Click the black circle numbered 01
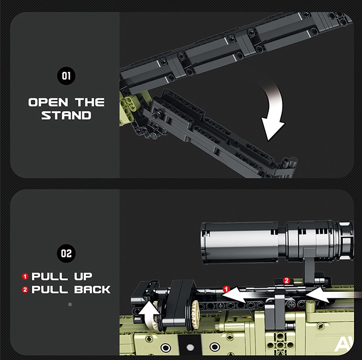click(66, 76)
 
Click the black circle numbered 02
click(66, 253)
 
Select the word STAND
click(66, 115)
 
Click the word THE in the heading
click(90, 102)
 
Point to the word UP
click(83, 277)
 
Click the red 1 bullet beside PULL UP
click(25, 277)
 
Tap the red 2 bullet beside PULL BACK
click(25, 290)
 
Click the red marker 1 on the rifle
click(226, 289)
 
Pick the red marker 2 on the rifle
click(286, 280)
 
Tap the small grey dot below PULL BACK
click(70, 305)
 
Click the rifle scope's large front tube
click(240, 243)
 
